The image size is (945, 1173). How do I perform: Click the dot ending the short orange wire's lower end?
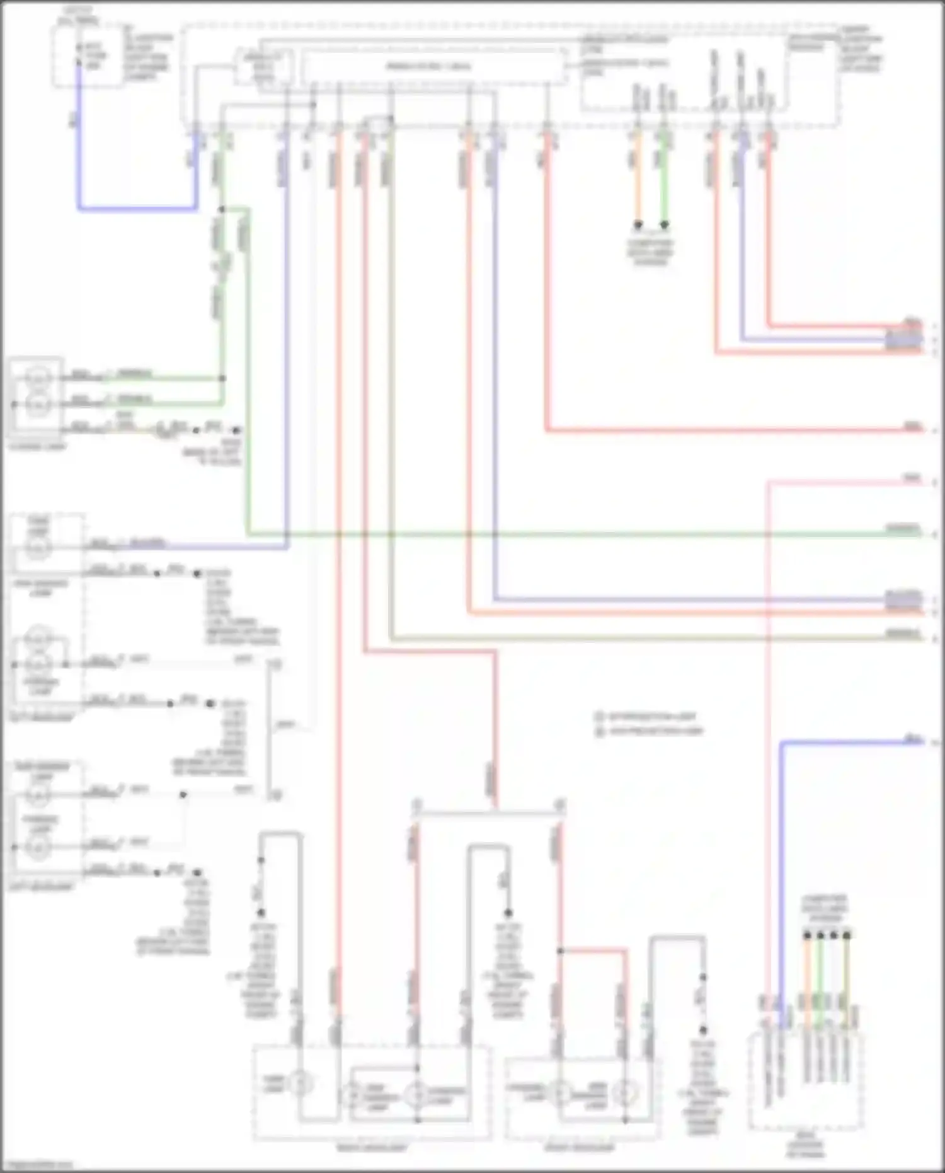(x=638, y=224)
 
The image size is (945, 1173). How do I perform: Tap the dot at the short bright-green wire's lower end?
(x=664, y=224)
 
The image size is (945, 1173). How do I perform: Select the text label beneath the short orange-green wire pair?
(x=650, y=252)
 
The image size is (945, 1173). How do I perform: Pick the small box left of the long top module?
(x=263, y=67)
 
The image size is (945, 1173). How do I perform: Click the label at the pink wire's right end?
(x=912, y=479)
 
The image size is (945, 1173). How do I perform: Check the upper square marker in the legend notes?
(x=600, y=717)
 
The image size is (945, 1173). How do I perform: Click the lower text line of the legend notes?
(x=655, y=731)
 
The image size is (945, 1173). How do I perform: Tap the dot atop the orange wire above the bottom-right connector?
(x=808, y=935)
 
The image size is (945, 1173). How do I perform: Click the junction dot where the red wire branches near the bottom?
(x=560, y=950)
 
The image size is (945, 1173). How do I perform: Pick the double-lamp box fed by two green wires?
(x=37, y=397)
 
